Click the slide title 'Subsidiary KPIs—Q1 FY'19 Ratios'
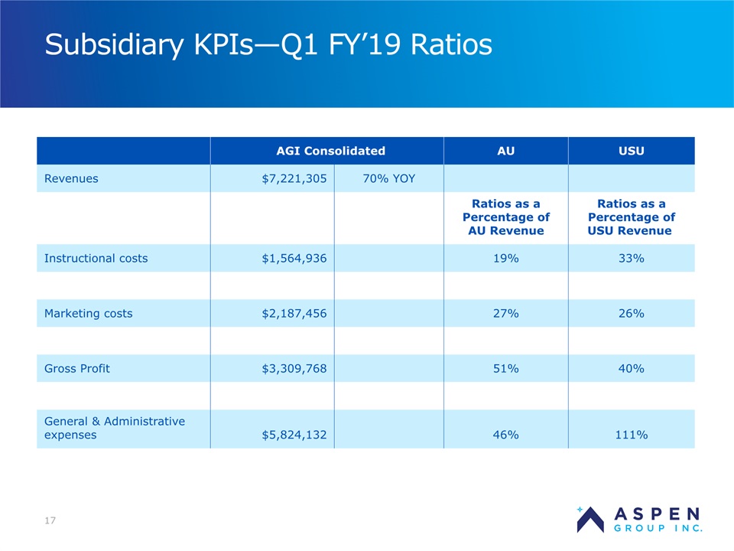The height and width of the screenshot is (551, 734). coord(268,45)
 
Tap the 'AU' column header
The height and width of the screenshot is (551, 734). coord(505,151)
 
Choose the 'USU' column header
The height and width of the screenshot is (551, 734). coord(631,151)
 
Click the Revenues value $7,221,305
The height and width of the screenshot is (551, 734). coord(294,178)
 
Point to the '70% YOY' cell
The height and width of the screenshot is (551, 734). coord(388,178)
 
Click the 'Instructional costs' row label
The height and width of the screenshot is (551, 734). coord(96,258)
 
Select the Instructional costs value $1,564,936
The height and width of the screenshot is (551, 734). coord(294,258)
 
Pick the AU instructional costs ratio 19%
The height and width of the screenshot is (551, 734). coord(505,258)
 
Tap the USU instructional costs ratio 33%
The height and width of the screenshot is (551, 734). coord(631,258)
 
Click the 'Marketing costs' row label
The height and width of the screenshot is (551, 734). coord(89,313)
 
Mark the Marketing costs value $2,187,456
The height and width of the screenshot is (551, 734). coord(294,313)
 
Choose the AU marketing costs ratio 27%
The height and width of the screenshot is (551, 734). coord(505,313)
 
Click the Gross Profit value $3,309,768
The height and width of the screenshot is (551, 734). coord(294,368)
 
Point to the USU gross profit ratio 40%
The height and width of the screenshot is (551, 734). coord(631,368)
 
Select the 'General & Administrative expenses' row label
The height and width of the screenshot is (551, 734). coord(115,428)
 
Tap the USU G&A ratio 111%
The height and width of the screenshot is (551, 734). coord(631,435)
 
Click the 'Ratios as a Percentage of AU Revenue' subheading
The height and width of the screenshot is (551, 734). coord(505,217)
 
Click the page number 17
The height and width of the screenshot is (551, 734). coord(50,521)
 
